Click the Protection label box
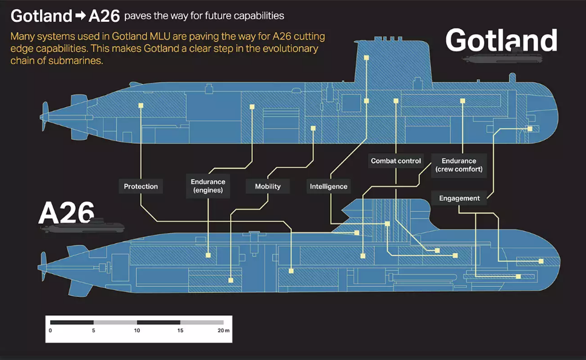click(x=140, y=186)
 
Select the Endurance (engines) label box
click(x=208, y=186)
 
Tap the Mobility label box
click(x=268, y=186)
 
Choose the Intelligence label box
click(x=329, y=186)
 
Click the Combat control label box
click(x=396, y=161)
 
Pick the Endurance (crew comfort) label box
click(x=458, y=165)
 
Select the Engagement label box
click(x=459, y=198)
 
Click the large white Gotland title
click(x=501, y=41)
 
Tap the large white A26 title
click(x=66, y=212)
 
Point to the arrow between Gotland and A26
click(x=79, y=15)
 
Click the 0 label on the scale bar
click(x=50, y=330)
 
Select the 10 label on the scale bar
click(x=137, y=330)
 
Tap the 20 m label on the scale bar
click(x=223, y=330)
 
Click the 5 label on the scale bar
click(x=93, y=330)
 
